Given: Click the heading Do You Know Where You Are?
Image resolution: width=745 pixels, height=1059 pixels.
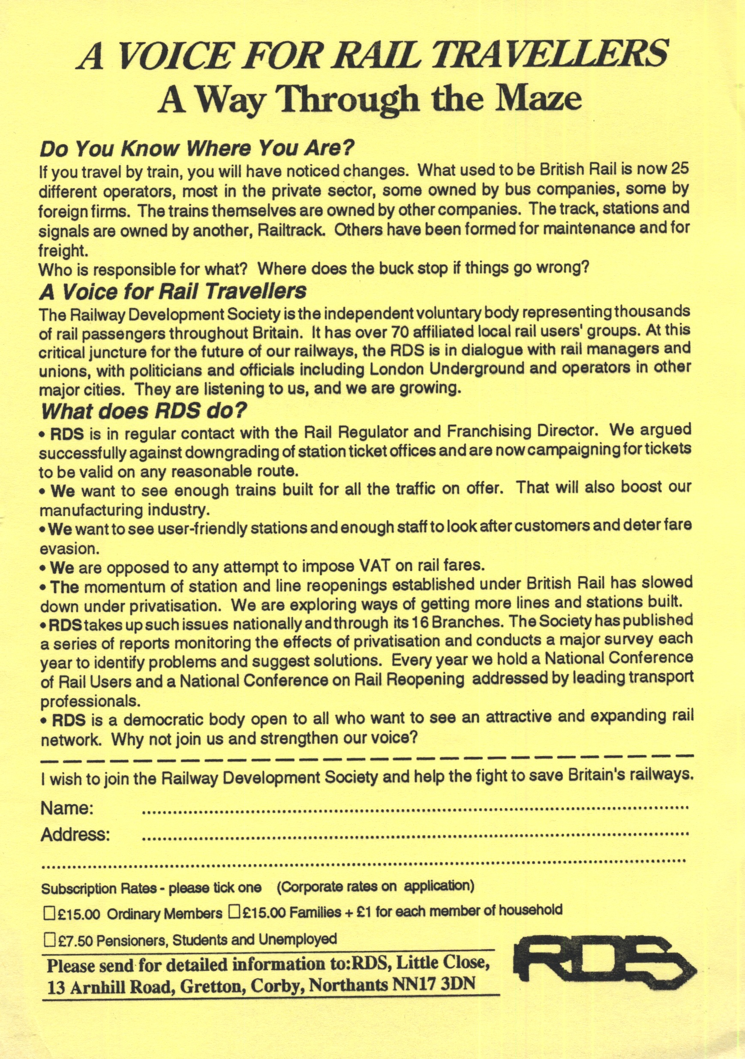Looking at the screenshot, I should tap(197, 148).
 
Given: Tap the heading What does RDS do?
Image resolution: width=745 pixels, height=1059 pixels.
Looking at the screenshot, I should tap(144, 410).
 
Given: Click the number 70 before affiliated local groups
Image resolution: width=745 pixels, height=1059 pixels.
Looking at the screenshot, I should tap(400, 331).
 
